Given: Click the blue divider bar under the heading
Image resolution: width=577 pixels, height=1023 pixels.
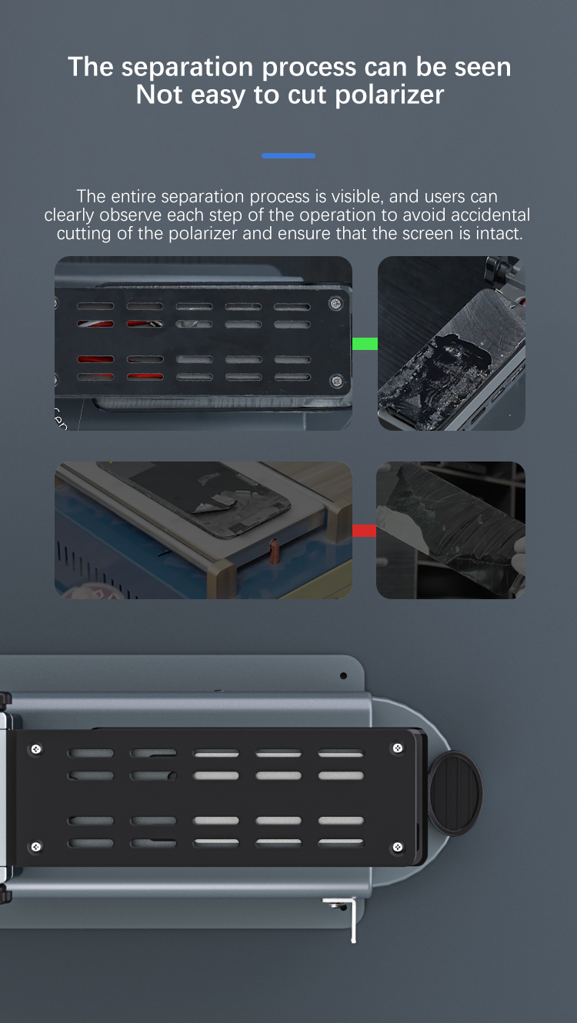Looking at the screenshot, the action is click(x=288, y=155).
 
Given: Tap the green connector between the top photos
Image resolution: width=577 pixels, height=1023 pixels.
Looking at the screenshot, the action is click(x=365, y=343).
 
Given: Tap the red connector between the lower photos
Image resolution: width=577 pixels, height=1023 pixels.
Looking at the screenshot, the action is click(x=364, y=531).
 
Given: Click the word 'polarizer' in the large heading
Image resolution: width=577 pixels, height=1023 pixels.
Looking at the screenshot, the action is click(x=390, y=95).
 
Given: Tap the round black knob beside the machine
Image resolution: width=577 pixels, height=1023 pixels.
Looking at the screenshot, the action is click(x=455, y=794).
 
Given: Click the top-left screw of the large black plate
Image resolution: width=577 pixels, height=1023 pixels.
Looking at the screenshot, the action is click(x=36, y=749).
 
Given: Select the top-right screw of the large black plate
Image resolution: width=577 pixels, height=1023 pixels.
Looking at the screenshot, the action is click(x=398, y=748).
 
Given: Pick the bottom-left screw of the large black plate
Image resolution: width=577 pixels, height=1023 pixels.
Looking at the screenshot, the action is click(x=35, y=847).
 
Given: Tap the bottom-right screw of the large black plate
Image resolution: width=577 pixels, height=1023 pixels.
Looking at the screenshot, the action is click(x=398, y=847).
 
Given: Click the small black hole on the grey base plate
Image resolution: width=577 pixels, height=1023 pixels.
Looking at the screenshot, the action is click(x=344, y=675).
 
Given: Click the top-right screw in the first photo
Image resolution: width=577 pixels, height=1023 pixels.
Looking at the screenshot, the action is click(x=336, y=303).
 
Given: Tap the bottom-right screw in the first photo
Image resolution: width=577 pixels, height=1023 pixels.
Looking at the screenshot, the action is click(x=337, y=381).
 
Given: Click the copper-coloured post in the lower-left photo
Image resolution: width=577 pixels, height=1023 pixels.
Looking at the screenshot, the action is click(x=274, y=551).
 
